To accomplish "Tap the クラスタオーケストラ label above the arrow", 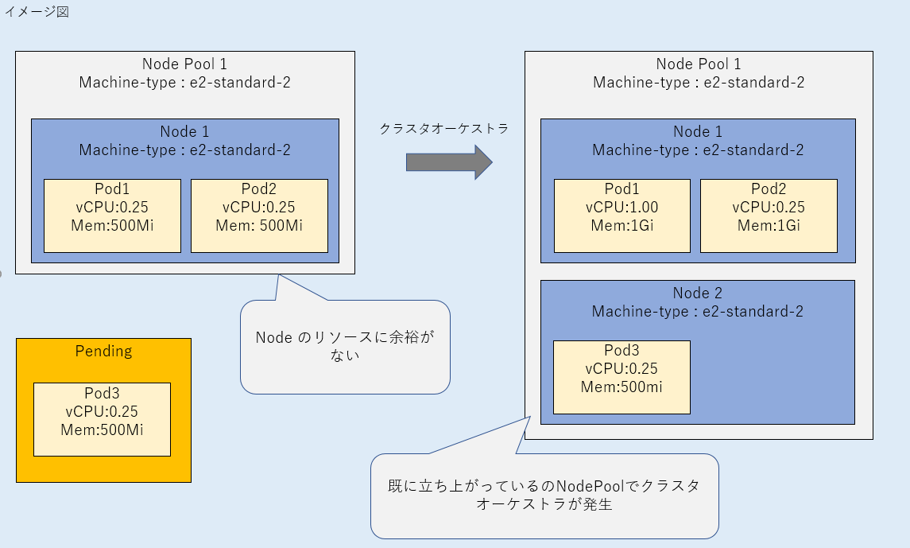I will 443,128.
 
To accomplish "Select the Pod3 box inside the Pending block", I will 102,419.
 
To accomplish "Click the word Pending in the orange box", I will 103,351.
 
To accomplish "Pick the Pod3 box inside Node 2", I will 622,377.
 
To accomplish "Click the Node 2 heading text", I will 697,293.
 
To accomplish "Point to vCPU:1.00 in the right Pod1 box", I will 622,208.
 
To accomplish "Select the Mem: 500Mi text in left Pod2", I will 259,225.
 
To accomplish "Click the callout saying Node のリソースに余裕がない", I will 345,347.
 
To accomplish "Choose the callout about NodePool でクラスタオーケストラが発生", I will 544,496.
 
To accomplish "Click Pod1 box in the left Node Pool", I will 112,216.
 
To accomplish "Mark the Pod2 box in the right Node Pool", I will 769,216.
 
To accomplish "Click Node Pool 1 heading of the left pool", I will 184,64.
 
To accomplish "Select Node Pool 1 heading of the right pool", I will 699,64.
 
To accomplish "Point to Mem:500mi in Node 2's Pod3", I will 622,387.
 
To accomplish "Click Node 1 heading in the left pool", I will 184,131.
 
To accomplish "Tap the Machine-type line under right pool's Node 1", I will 698,150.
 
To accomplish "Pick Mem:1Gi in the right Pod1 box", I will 622,226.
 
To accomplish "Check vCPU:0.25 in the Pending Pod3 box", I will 102,412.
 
